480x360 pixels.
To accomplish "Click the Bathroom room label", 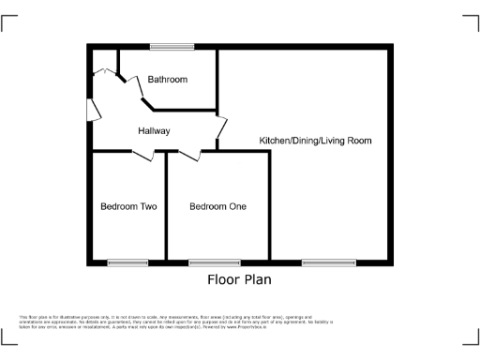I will [x=168, y=80].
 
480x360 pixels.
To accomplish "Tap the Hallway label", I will [x=154, y=130].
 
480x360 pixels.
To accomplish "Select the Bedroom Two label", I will [x=128, y=206].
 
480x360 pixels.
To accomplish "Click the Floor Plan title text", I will [x=239, y=279].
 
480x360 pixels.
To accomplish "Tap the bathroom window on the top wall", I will [x=172, y=46].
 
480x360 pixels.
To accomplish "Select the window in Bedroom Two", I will [x=127, y=262].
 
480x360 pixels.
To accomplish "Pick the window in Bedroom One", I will [x=214, y=262].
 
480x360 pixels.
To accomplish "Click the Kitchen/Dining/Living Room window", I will [x=328, y=262].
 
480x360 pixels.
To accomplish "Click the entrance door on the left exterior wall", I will [x=93, y=110].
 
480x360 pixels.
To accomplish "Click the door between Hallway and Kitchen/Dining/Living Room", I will [x=221, y=128].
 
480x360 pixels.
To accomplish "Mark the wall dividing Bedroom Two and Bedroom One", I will [x=166, y=206].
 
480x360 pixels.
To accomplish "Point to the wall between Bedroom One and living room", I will [x=270, y=206].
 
